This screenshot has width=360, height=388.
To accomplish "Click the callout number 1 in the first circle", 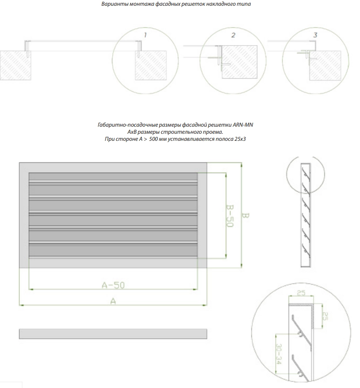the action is point(145,35).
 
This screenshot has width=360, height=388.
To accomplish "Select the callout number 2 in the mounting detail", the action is point(233,35).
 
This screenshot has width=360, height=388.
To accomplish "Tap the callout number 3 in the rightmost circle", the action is point(315,35).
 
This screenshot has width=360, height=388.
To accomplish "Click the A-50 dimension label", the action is point(113,285).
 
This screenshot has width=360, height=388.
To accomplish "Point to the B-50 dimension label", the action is point(230,216).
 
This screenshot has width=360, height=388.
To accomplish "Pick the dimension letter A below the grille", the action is point(113,301).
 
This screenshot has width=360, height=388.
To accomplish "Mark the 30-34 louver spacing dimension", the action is point(279,354).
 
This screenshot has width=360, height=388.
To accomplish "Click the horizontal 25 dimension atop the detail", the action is point(301,293).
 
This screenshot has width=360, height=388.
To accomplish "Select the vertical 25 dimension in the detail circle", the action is point(325,316).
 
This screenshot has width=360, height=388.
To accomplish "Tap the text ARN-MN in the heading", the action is point(243,125).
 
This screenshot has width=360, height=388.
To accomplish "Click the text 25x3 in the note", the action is point(240,139).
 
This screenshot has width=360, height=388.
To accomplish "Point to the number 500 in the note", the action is point(153,139).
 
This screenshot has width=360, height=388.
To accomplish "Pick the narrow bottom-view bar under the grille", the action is point(113,334).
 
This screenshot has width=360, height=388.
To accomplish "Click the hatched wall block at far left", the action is point(15,66).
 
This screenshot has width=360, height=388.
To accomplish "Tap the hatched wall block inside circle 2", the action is point(239,62).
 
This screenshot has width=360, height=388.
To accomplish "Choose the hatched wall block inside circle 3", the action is point(325,66).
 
